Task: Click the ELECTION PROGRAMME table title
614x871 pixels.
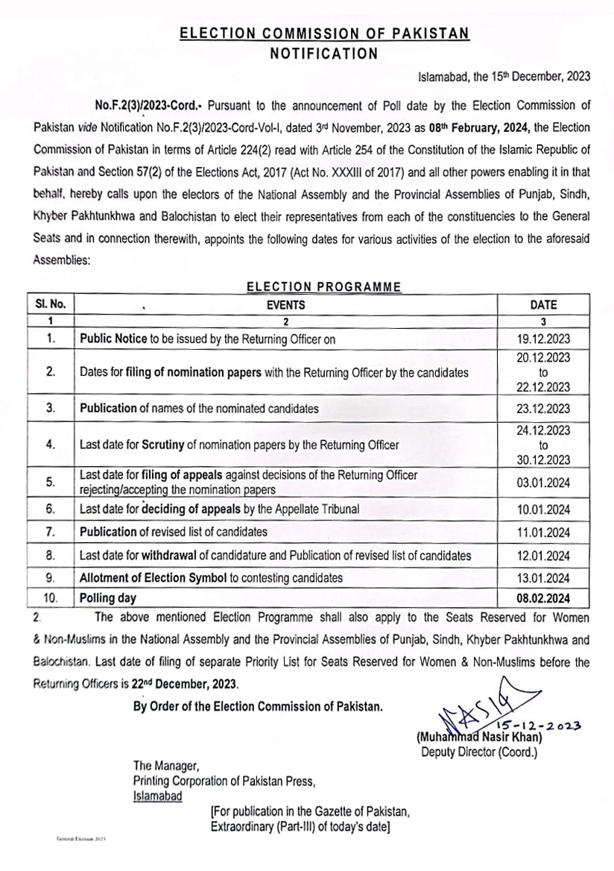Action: (323, 286)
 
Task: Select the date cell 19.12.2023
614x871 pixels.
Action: (542, 339)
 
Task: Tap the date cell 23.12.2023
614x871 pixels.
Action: (542, 409)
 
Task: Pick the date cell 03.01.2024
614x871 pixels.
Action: (542, 482)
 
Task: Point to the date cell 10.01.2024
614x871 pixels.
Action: (542, 510)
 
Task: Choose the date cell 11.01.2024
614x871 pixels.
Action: (542, 532)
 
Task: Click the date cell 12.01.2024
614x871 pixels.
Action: (542, 556)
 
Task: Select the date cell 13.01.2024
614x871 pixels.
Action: (542, 578)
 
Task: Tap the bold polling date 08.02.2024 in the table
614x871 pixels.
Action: (542, 598)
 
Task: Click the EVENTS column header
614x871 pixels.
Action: (285, 304)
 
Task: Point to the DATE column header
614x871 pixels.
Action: (542, 304)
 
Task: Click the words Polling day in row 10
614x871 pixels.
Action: (108, 598)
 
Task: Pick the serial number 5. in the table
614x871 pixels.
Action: (51, 482)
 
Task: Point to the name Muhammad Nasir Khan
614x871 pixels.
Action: (480, 738)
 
